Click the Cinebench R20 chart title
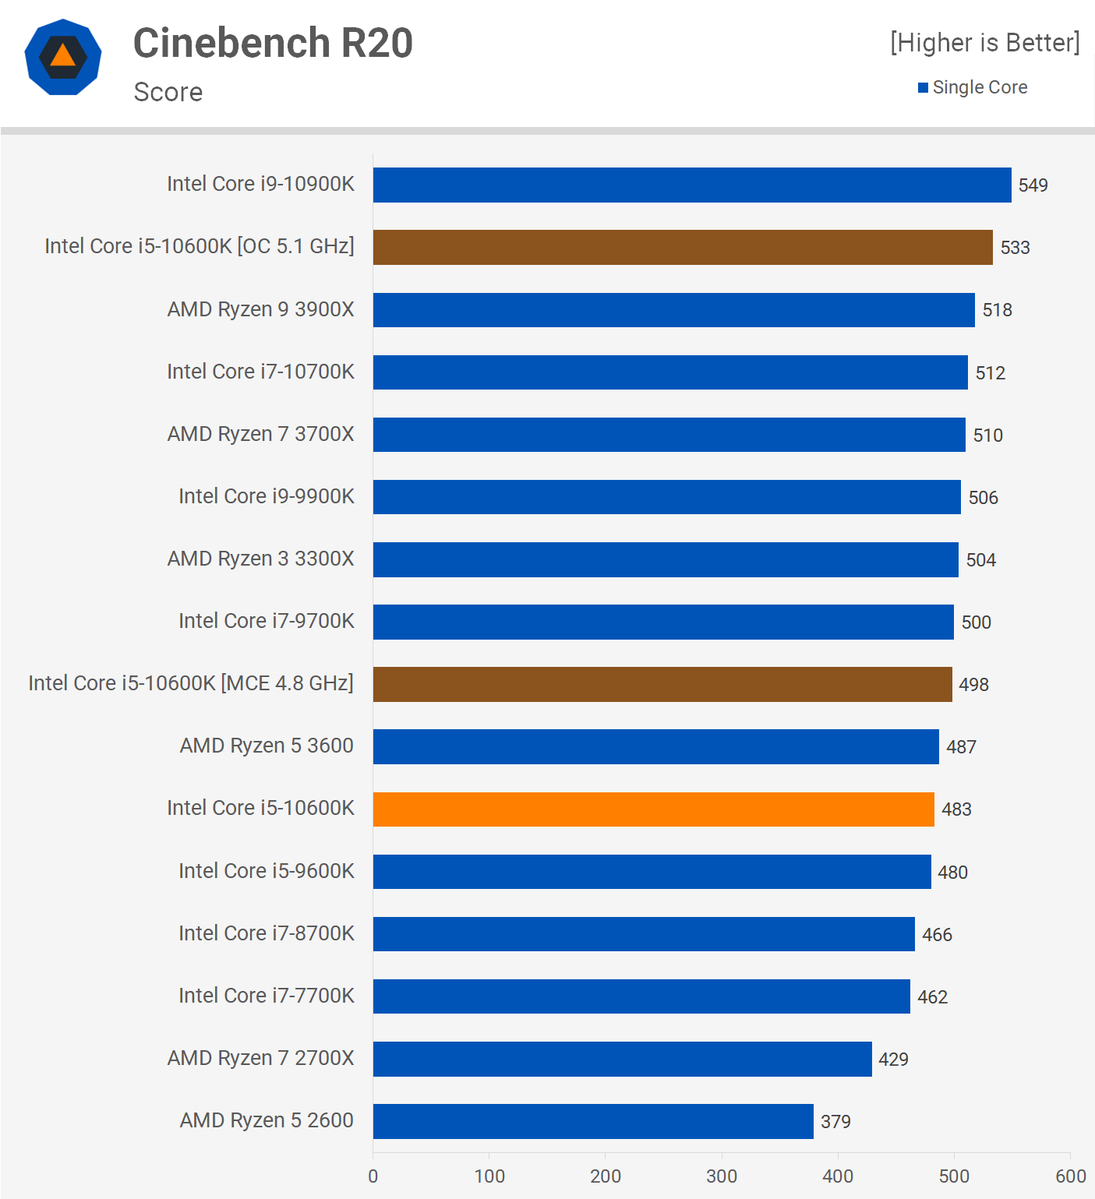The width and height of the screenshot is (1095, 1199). (273, 43)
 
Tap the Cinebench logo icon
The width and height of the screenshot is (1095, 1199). (63, 57)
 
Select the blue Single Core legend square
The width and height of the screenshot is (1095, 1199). (923, 87)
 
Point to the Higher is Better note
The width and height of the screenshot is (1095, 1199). (985, 43)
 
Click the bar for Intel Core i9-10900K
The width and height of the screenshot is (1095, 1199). (692, 185)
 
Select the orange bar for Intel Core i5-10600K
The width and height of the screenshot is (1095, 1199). (653, 809)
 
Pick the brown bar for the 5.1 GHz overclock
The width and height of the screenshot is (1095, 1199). (683, 247)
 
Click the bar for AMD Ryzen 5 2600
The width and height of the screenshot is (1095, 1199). (593, 1121)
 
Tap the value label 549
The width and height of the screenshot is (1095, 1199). (1033, 185)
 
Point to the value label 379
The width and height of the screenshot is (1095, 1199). (835, 1122)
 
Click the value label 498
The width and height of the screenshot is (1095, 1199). (973, 685)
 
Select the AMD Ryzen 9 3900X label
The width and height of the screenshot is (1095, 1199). (260, 309)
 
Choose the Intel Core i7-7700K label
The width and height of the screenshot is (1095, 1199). (266, 996)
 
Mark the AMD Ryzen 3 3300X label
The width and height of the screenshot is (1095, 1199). (260, 559)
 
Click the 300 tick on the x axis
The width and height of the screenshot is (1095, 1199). (722, 1176)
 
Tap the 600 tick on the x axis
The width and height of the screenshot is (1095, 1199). (1070, 1176)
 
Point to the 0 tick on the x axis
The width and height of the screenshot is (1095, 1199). (373, 1176)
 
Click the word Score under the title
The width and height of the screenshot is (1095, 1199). (168, 92)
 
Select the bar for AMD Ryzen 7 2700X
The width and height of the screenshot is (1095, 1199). (622, 1059)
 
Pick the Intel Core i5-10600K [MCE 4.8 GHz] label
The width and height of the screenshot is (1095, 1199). (191, 683)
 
